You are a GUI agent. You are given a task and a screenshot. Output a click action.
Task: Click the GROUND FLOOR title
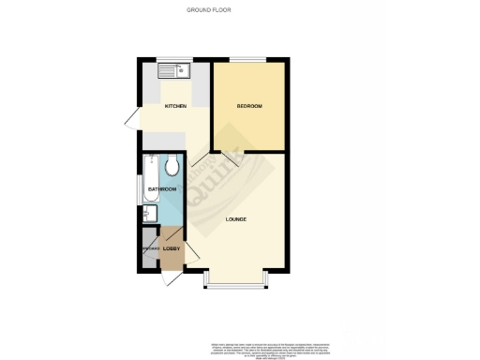pyautogui.click(x=208, y=10)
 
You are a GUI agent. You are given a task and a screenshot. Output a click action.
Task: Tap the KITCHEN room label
pyautogui.click(x=175, y=106)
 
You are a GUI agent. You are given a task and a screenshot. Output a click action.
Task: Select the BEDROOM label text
pyautogui.click(x=247, y=106)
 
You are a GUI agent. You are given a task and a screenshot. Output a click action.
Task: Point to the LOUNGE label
pyautogui.click(x=236, y=219)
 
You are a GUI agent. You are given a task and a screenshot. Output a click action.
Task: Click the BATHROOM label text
pyautogui.click(x=161, y=189)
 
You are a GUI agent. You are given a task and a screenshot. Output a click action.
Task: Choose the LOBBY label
pyautogui.click(x=172, y=247)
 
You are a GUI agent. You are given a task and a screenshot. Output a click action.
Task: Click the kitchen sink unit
pyautogui.click(x=174, y=70)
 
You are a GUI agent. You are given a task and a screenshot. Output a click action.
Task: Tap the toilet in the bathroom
pyautogui.click(x=172, y=168)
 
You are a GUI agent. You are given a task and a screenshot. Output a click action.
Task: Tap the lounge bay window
pyautogui.click(x=235, y=284)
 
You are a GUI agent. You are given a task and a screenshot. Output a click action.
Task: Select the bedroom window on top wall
pyautogui.click(x=249, y=61)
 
